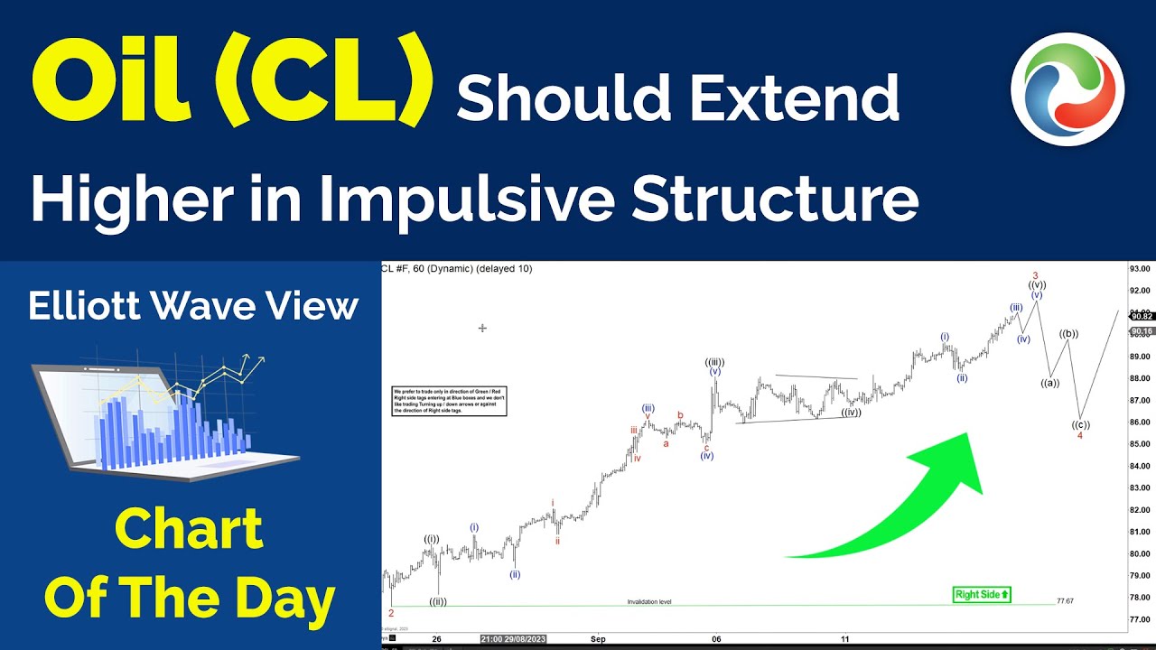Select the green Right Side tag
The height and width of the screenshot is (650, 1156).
(982, 594)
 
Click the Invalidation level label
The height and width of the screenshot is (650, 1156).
(649, 601)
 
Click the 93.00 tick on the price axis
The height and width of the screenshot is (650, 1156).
(1139, 269)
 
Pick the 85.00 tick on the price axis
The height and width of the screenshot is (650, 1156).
(1139, 444)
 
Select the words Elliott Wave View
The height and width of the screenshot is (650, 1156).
(193, 307)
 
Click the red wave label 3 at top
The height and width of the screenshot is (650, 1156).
(1035, 275)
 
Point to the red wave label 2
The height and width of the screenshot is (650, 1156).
(391, 613)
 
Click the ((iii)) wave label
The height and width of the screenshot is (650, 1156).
(714, 362)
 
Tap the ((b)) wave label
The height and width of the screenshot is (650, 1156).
(1068, 334)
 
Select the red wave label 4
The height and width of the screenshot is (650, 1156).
(1080, 435)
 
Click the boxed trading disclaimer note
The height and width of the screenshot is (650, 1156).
(450, 401)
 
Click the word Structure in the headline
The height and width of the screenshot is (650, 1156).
(775, 200)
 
